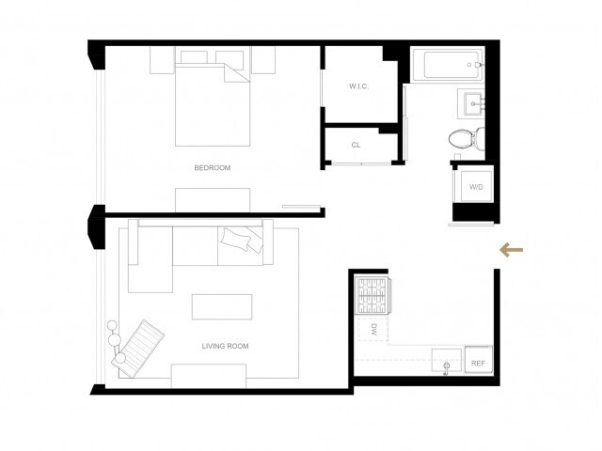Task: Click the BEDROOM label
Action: (212, 168)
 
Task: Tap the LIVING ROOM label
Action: (225, 346)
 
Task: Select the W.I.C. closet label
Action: (357, 86)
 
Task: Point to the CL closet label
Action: (356, 146)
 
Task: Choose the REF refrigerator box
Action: (478, 362)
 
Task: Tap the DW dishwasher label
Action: (372, 330)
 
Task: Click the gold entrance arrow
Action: (511, 250)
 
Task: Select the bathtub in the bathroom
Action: (448, 66)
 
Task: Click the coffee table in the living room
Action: (222, 307)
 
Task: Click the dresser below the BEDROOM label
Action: (213, 198)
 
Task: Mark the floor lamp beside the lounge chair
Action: (115, 334)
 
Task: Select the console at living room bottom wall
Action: (209, 374)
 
